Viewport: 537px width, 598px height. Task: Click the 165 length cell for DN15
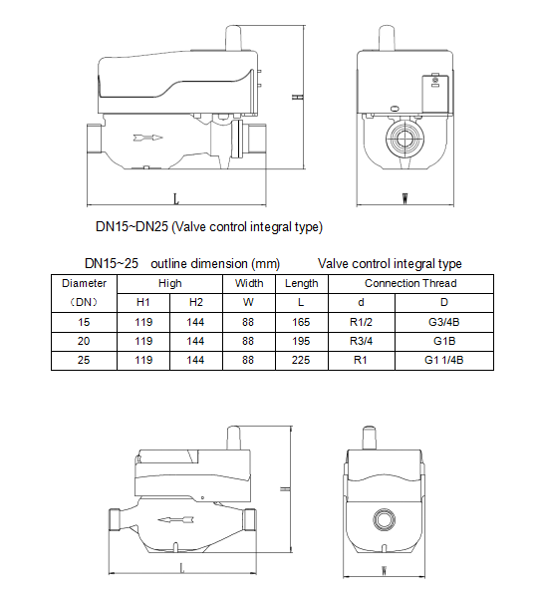coord(301,322)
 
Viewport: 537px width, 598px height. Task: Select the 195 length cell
coord(301,341)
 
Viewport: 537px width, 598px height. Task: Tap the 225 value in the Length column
coord(301,360)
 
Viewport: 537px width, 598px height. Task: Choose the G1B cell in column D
coord(444,341)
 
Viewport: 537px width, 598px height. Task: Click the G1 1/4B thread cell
coord(444,360)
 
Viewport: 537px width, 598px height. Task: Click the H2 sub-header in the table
coord(195,303)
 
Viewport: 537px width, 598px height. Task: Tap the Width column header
coord(249,284)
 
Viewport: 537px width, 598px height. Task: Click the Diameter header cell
coord(84,284)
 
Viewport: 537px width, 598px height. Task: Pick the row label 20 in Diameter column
coord(84,341)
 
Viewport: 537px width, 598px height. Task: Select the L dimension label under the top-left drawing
coord(176,197)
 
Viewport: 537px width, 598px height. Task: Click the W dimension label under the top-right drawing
coord(404,197)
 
